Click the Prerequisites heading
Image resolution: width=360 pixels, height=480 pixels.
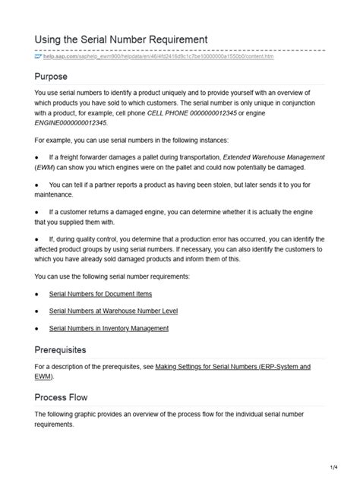(71, 350)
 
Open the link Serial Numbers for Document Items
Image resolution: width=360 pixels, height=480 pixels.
(100, 293)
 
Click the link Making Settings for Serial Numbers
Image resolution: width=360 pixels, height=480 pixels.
(232, 367)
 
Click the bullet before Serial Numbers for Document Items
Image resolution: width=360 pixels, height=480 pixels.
(37, 293)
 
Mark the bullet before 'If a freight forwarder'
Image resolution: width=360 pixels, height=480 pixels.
(37, 157)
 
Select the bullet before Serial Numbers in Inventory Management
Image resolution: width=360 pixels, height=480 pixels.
(37, 328)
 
